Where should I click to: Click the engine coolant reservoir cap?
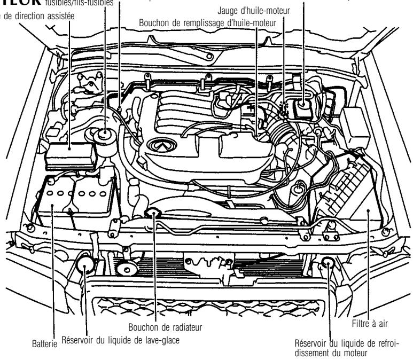pyautogui.click(x=327, y=264)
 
